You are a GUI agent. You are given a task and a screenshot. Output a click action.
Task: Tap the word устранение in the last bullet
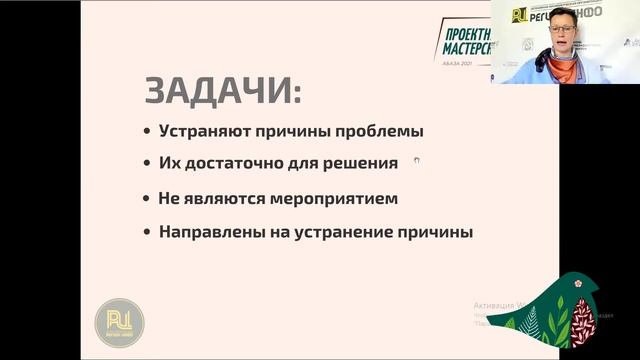354,232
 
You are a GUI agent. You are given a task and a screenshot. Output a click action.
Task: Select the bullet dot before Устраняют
147,132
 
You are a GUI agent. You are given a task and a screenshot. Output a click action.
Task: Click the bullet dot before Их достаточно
147,163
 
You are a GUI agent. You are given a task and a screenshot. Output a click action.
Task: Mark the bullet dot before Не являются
147,198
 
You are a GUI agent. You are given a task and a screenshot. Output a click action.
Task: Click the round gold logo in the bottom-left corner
119,322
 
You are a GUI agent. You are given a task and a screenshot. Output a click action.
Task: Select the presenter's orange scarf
566,67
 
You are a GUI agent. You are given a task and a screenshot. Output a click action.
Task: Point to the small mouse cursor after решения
416,159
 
